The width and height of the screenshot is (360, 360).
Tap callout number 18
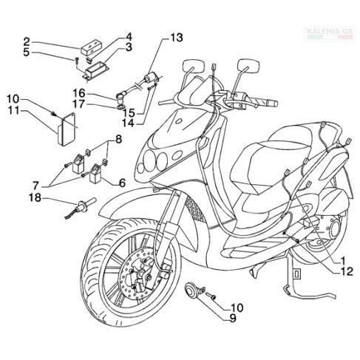pos(35,197)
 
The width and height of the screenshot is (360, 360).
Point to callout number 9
pos(232,318)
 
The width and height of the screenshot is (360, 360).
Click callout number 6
pos(122,183)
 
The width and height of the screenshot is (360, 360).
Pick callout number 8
pos(118,140)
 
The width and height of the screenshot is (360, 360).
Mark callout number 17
pos(78,104)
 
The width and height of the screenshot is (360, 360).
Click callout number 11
pos(13,110)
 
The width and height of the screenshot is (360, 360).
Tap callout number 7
pos(36,185)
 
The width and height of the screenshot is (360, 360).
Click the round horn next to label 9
pos(191,292)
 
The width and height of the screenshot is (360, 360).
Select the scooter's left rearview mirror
pos(194,65)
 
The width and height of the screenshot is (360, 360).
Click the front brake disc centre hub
pos(140,273)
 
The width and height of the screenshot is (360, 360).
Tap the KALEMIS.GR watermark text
pos(330,32)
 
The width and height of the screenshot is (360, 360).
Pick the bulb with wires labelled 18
pos(80,206)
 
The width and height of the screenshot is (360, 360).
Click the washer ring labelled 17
pos(120,107)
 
